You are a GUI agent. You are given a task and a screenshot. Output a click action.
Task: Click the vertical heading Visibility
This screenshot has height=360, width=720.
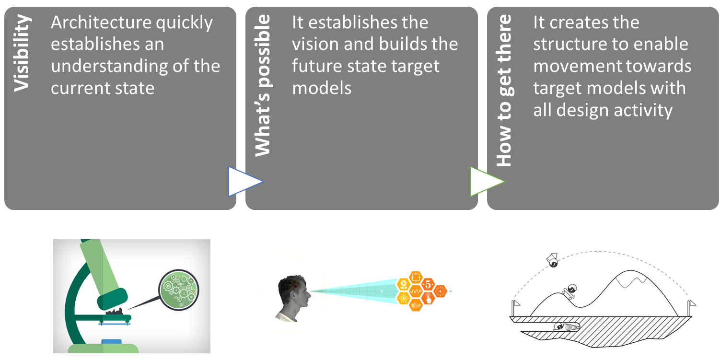tap(22, 53)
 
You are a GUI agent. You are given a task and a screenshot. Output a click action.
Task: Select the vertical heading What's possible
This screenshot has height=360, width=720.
tap(263, 85)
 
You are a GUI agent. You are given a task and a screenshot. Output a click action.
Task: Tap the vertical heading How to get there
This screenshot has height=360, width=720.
tap(505, 90)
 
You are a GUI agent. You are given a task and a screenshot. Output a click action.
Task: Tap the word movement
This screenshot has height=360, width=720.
tap(570, 66)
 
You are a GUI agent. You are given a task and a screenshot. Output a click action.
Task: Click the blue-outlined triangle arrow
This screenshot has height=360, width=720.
tap(246, 181)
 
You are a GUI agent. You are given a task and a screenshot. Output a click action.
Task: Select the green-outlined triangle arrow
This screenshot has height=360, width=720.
tap(488, 181)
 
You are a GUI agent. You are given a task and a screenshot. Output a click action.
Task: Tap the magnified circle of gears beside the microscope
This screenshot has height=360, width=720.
tap(179, 290)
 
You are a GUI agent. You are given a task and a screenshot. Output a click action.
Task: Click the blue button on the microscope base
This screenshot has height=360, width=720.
tap(112, 342)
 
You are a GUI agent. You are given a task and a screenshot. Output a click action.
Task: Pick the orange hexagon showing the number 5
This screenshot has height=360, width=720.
tap(428, 284)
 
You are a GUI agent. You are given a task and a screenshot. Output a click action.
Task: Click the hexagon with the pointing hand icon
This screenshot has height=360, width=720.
tap(428, 298)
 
